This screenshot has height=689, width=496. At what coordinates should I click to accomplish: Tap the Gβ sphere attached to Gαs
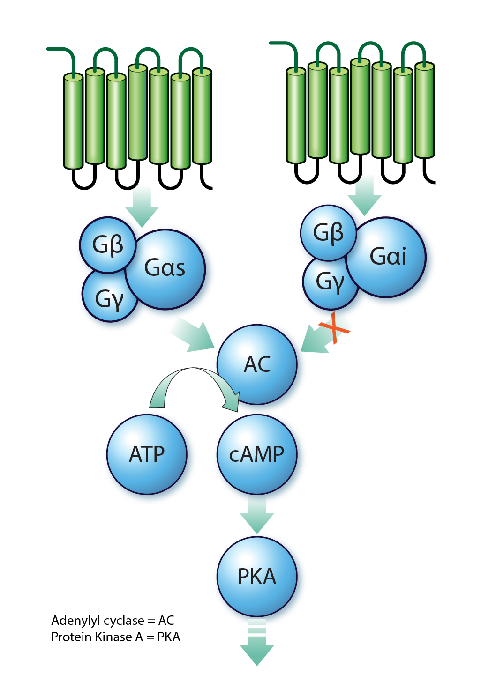(x=108, y=245)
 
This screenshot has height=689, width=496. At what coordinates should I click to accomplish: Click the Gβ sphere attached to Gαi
(x=328, y=233)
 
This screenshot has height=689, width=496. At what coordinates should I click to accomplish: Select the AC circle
(x=257, y=364)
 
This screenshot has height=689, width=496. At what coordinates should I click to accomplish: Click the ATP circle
(x=147, y=454)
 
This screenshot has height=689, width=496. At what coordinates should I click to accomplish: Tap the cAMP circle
(x=257, y=454)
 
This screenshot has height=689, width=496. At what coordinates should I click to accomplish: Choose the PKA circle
(x=257, y=576)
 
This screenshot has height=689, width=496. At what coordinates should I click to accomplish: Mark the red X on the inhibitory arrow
(x=334, y=328)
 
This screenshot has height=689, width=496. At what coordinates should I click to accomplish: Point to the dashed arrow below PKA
(x=257, y=644)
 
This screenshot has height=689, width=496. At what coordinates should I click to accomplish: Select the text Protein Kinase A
(x=91, y=637)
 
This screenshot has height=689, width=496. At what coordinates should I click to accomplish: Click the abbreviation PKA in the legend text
(x=169, y=637)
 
